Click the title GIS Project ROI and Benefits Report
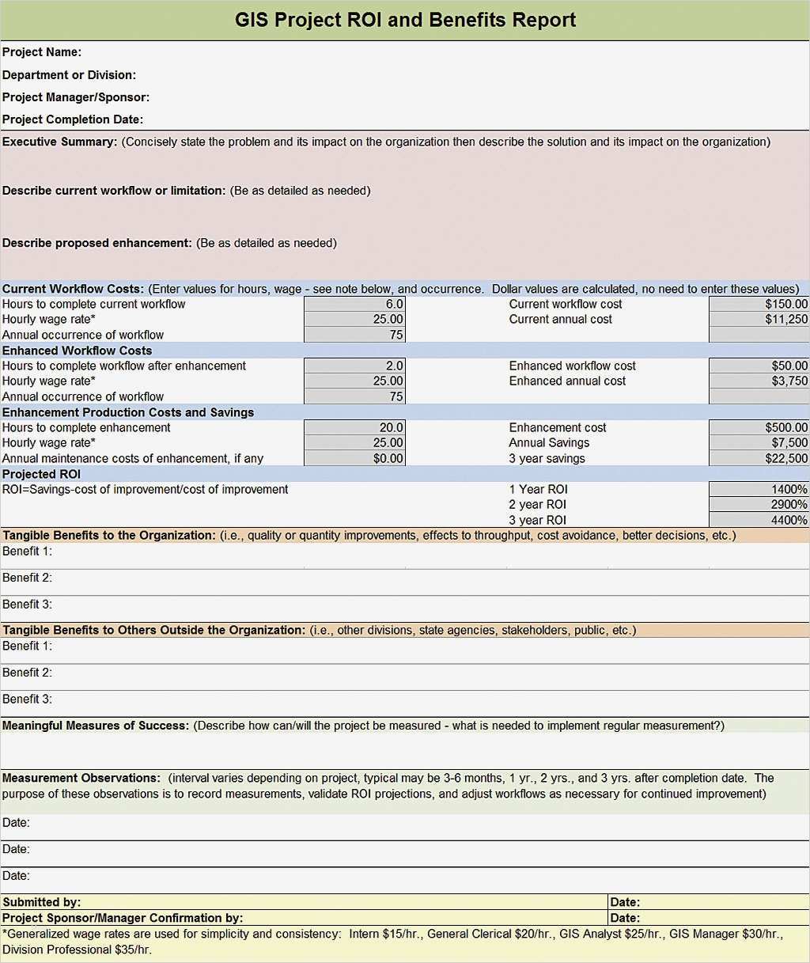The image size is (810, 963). (x=405, y=21)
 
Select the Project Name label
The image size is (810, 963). (x=42, y=52)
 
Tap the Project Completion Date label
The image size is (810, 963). (x=73, y=119)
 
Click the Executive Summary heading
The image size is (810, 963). (x=60, y=142)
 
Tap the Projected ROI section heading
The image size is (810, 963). (x=41, y=474)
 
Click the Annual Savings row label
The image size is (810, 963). (x=549, y=443)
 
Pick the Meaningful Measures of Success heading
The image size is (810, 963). (x=96, y=726)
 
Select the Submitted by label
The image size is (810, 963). (x=41, y=902)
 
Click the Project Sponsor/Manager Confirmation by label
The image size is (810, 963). (x=123, y=918)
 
